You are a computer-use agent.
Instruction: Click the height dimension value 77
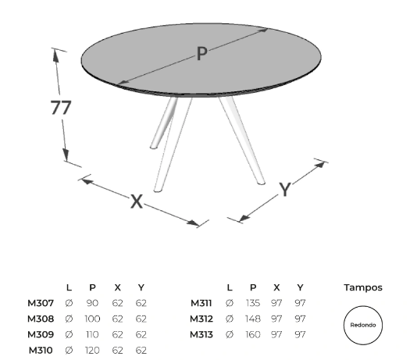(61, 108)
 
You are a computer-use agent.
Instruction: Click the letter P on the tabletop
(201, 53)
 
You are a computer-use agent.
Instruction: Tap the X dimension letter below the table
(137, 201)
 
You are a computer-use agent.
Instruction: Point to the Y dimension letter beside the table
(285, 189)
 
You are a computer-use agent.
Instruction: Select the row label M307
(41, 303)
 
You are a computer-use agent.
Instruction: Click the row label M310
(41, 350)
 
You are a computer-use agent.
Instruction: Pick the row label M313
(201, 334)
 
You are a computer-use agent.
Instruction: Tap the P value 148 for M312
(253, 319)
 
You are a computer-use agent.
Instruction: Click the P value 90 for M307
(92, 303)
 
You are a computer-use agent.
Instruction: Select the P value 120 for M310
(92, 350)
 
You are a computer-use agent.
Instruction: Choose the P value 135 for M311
(253, 303)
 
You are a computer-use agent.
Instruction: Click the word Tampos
(363, 287)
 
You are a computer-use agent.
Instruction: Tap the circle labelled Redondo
(363, 306)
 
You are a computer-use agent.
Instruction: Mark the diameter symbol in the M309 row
(69, 334)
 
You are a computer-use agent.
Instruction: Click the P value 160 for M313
(253, 334)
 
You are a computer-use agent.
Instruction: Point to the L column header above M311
(230, 287)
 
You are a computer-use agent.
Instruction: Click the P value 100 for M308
(92, 319)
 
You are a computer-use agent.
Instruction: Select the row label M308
(41, 319)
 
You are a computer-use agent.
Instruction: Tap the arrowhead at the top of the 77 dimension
(55, 55)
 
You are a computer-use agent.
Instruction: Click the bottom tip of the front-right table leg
(262, 183)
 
